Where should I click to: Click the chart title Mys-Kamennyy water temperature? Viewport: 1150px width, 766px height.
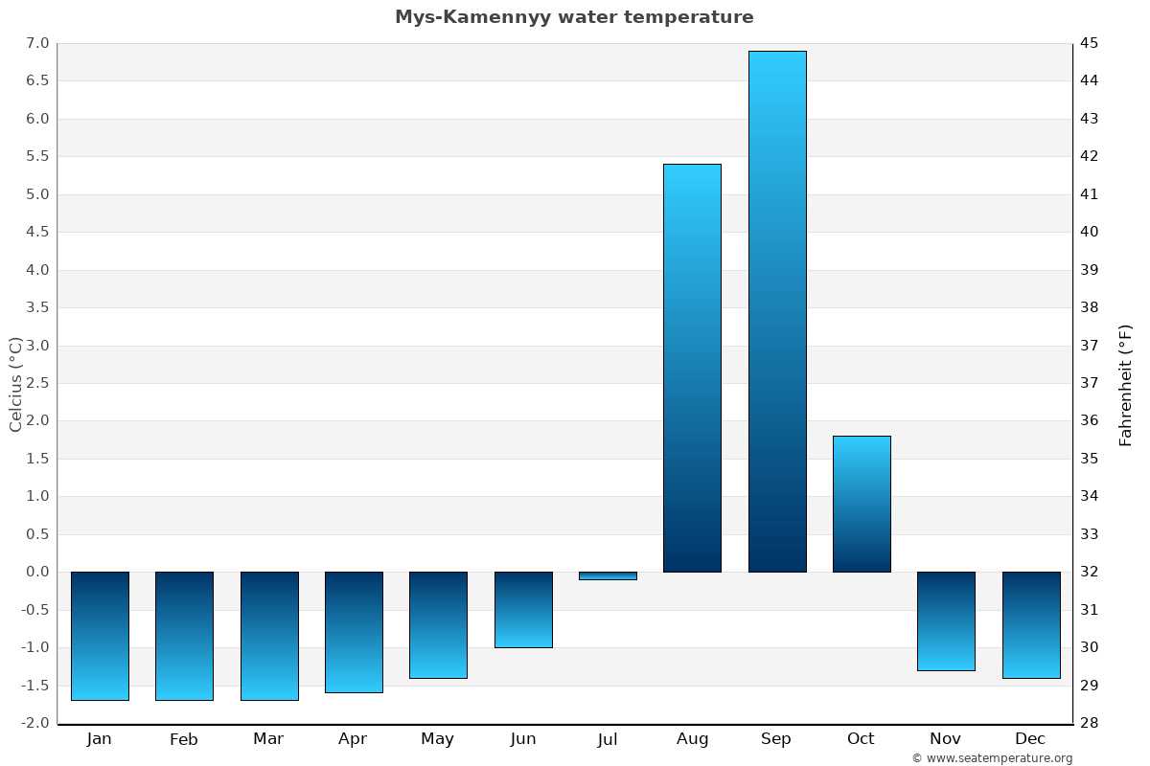coord(574,17)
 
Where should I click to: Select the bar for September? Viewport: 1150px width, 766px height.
coord(777,311)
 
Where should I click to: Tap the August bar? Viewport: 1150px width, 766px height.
coord(692,368)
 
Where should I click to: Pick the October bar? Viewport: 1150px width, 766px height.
coord(862,504)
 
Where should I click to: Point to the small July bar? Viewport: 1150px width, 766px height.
coord(608,575)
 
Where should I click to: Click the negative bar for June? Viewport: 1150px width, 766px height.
coord(523,610)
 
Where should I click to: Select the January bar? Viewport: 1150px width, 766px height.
coord(100,636)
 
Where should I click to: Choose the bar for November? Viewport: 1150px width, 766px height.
coord(946,620)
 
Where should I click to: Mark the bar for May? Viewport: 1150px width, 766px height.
coord(438,624)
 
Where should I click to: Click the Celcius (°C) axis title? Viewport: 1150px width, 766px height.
coord(15,384)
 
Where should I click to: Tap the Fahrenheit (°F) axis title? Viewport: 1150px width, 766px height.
coord(1125,384)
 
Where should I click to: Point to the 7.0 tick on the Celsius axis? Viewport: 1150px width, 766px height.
coord(37,43)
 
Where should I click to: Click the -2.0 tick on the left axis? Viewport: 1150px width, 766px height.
coord(35,723)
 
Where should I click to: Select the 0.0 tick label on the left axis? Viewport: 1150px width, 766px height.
coord(37,572)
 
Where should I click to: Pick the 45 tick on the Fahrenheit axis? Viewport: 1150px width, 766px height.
coord(1090,43)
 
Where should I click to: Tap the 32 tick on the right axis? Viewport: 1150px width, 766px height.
coord(1090,572)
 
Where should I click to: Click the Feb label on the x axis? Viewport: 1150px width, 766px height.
coord(183,739)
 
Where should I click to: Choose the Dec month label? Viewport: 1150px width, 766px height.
coord(1030,739)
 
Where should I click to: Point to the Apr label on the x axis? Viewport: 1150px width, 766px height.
coord(353,739)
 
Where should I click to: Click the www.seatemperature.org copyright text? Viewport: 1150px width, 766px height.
coord(992,758)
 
